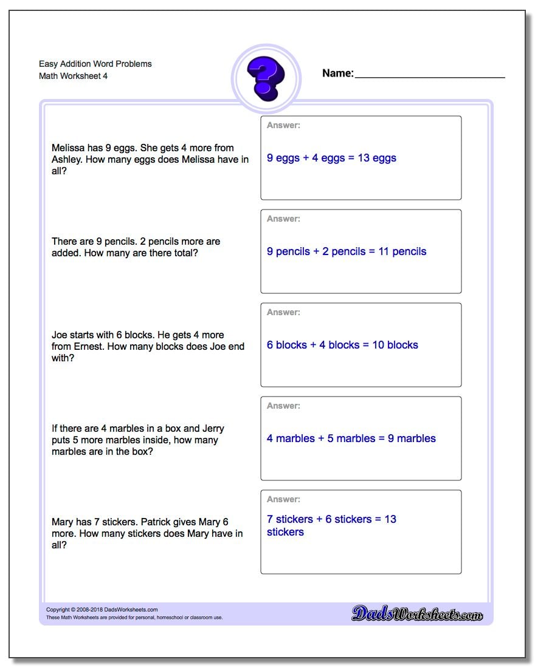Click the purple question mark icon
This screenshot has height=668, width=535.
click(x=266, y=78)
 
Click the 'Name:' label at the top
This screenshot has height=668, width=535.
click(x=337, y=73)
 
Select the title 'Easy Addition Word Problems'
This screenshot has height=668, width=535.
click(x=95, y=64)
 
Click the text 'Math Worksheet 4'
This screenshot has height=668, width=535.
click(x=74, y=77)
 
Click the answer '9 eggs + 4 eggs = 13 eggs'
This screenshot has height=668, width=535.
click(x=331, y=158)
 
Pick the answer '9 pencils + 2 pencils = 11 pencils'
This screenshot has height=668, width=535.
click(x=347, y=251)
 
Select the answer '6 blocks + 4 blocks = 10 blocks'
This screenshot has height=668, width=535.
click(x=342, y=345)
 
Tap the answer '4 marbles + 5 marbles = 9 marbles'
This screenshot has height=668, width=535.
click(x=351, y=438)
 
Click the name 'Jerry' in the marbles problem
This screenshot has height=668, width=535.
click(x=212, y=428)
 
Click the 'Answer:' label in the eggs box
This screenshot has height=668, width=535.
click(x=283, y=125)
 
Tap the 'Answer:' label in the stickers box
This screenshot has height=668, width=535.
click(x=283, y=499)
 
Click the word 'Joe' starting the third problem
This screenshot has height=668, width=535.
click(x=59, y=335)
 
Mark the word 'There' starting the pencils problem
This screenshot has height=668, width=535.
click(x=64, y=241)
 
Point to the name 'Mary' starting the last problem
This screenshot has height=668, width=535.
click(x=63, y=522)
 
